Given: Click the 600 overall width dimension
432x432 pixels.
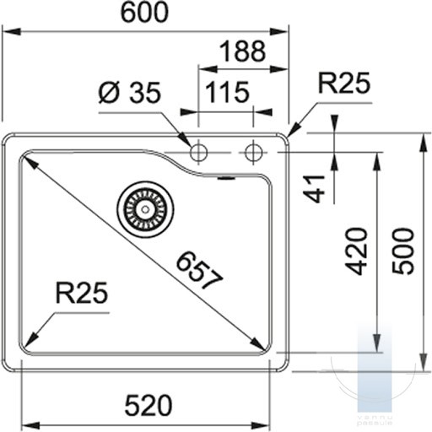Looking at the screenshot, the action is coord(144,13).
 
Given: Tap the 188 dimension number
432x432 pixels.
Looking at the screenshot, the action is coord(242,51).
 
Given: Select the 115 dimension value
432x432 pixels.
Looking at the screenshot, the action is coord(227,92).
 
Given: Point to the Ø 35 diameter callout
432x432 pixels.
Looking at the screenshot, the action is coord(130,92).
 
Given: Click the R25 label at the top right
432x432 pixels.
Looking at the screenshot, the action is coord(344,83).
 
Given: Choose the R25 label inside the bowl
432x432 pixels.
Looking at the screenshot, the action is coord(82,293).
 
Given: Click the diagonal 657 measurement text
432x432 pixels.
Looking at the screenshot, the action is coord(199,271).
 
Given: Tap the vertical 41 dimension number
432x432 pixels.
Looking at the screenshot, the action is coord(314,188).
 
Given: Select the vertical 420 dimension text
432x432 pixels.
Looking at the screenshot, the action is coord(357,251).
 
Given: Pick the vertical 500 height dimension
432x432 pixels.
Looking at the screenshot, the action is coord(403,251).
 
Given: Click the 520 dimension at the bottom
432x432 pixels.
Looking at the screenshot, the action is coord(148,406).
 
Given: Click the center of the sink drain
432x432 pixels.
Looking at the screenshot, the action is coord(145,209).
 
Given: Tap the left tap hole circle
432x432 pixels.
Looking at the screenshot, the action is coord(198,153).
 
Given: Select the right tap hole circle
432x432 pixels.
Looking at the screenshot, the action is coord(253,153).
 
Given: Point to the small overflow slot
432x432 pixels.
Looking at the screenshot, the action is coord(227,178).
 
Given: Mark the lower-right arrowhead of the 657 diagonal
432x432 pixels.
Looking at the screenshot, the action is coord(258,343).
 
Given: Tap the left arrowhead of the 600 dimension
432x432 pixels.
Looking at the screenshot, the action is coord(11,31).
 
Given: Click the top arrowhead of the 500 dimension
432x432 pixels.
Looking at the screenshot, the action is coord(422,143).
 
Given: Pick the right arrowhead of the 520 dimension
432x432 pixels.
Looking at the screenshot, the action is coord(261,425).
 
